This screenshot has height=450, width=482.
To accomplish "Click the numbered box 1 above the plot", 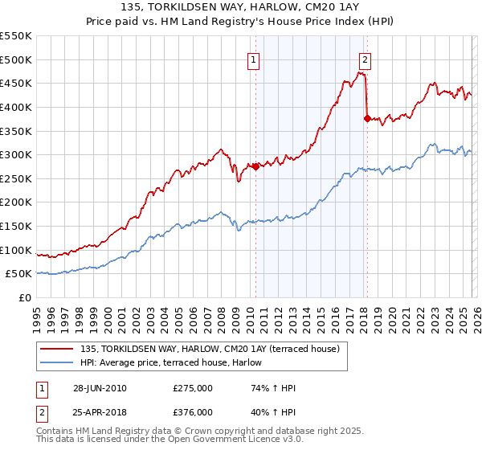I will coord(254,59).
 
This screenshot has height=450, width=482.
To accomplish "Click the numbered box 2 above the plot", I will coord(366,59).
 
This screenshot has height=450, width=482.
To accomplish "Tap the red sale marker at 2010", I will coord(255,167).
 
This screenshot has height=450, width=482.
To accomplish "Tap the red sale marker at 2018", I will coord(367,119).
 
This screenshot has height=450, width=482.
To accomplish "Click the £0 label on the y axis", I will coord(24,297).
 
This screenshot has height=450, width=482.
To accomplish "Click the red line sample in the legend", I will coord(56,349).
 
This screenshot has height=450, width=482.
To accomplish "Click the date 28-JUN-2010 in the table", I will coord(99,388).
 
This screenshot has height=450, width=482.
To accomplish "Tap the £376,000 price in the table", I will coord(192,412).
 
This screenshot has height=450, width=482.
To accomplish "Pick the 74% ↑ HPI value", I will coord(273,388).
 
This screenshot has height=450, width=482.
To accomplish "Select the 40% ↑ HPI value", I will coord(273,412).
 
